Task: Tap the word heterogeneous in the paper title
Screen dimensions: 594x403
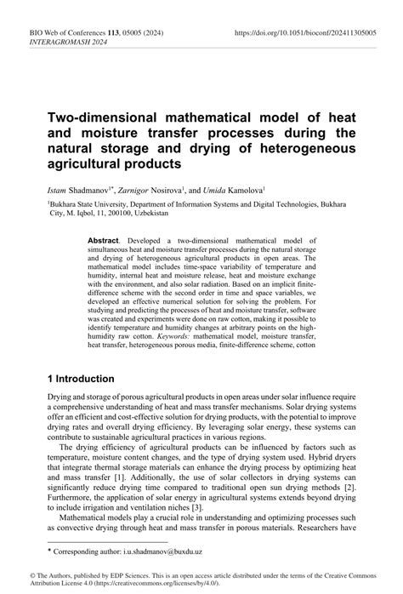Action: (x=299, y=147)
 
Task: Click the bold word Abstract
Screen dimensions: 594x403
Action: (x=106, y=243)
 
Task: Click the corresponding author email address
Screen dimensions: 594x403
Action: (x=181, y=552)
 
